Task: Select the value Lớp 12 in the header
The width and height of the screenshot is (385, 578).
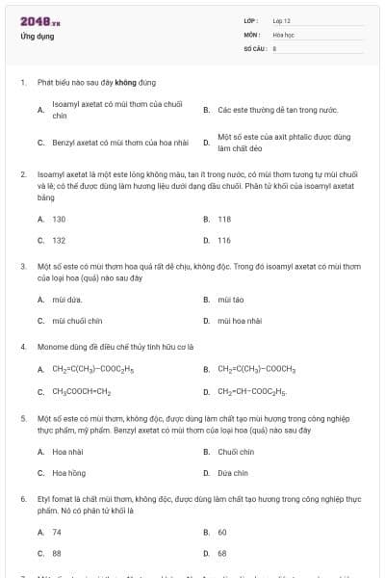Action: pos(282,20)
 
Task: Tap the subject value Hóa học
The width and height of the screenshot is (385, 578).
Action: pos(283,34)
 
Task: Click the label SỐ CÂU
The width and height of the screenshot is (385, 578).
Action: pos(253,47)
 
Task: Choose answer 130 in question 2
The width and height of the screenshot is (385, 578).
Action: pos(59,219)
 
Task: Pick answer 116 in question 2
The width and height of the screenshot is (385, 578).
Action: pos(224,240)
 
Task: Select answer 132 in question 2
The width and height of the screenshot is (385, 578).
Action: pos(59,240)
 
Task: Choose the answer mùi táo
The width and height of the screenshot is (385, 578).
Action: pos(231,300)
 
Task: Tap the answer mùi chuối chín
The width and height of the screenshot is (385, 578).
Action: pos(76,321)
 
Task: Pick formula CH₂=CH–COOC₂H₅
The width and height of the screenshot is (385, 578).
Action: pos(252,392)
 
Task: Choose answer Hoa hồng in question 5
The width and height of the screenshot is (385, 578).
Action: pos(69,473)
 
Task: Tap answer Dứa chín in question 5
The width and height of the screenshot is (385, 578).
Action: pos(233,473)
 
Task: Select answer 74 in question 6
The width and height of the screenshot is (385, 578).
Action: pos(57,532)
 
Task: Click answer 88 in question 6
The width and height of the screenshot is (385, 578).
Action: pos(57,553)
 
